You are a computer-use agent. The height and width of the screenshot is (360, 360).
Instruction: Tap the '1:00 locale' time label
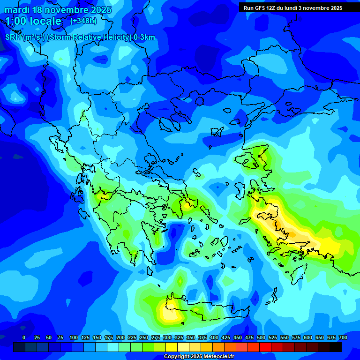tap(33, 21)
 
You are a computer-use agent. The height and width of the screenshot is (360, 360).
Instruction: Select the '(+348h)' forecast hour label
tap(84, 21)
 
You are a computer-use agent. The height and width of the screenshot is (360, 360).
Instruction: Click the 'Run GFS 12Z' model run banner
tap(292, 8)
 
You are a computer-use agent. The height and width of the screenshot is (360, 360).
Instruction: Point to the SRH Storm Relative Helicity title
tap(80, 37)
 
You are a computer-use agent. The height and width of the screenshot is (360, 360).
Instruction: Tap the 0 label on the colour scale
tap(24, 338)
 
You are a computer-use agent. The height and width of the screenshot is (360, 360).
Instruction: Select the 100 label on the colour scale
tap(74, 338)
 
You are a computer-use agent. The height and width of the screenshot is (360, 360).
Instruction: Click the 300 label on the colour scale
tap(167, 338)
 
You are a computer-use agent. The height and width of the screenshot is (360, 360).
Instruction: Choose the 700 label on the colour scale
tap(343, 338)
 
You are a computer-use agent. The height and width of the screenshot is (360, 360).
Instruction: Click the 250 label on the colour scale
tap(144, 338)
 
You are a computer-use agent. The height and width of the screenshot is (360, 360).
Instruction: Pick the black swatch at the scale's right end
tap(335, 347)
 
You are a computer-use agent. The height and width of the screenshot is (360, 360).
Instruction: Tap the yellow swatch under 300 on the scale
tap(171, 347)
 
